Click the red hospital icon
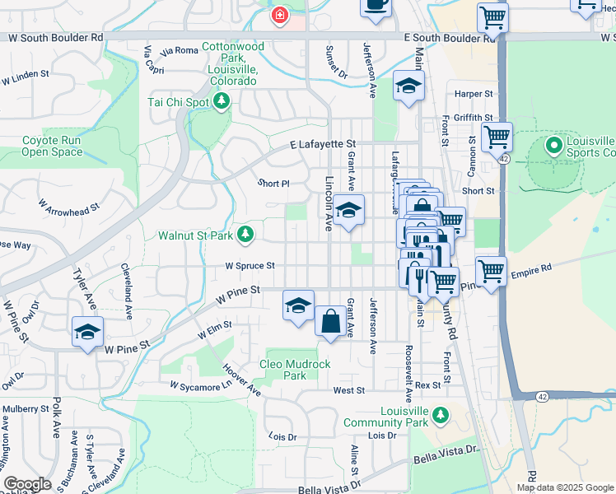(x=280, y=15)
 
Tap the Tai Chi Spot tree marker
(x=221, y=101)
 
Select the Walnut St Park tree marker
(x=245, y=235)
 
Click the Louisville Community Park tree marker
(x=441, y=413)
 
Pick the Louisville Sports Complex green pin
(x=553, y=147)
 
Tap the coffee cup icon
(x=376, y=4)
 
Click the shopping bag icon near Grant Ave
(x=330, y=321)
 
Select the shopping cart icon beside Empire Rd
(x=491, y=270)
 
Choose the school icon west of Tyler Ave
(x=88, y=332)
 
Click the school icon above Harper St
(x=408, y=86)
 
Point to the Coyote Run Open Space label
(x=52, y=147)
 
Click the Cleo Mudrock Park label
(x=295, y=370)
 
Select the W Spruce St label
(x=250, y=266)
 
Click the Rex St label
(x=428, y=385)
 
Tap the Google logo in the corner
(x=27, y=484)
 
